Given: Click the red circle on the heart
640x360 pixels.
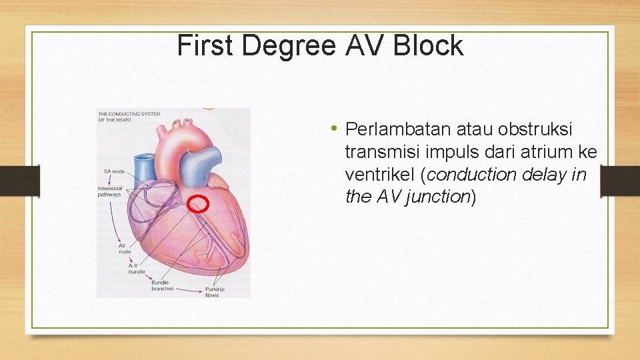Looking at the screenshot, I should coord(197,204).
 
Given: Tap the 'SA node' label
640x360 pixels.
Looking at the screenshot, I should coord(114,172).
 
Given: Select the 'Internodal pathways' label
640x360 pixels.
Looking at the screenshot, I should coord(109,191).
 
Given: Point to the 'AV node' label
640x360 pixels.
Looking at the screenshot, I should coord(125,248).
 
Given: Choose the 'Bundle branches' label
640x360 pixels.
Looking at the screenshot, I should coord(162,286).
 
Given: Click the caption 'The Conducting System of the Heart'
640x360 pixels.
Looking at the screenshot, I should coord(129,116).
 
